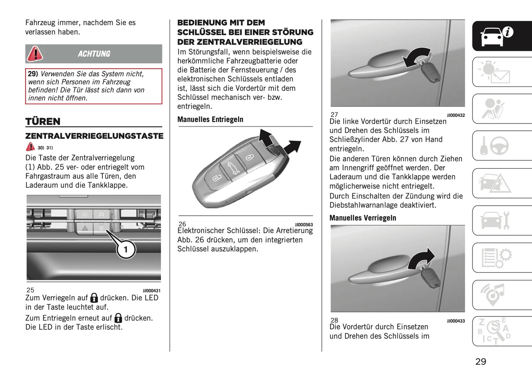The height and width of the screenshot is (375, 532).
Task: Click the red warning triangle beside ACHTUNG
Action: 35,54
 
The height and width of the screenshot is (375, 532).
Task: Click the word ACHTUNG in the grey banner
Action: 94,54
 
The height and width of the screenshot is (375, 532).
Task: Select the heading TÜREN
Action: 43,122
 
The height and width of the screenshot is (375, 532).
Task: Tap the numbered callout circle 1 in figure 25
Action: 126,249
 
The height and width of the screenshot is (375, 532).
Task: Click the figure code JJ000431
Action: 152,291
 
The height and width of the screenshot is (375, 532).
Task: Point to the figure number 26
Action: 182,224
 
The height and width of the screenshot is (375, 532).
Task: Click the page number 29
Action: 480,361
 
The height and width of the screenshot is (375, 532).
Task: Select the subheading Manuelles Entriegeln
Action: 210,119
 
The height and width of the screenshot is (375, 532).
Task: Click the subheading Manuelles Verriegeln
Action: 363,218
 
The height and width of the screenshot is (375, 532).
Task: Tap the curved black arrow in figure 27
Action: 416,57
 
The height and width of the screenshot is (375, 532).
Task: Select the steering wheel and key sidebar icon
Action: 495,146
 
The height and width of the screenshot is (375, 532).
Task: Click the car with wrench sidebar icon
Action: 495,220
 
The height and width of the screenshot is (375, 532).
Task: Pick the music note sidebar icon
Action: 493,294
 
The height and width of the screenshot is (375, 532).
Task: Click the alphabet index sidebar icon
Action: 495,331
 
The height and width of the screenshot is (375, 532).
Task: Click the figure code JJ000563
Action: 304,225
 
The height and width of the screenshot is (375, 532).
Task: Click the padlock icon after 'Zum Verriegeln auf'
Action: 94,298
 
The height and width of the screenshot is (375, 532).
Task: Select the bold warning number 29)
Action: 33,74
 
